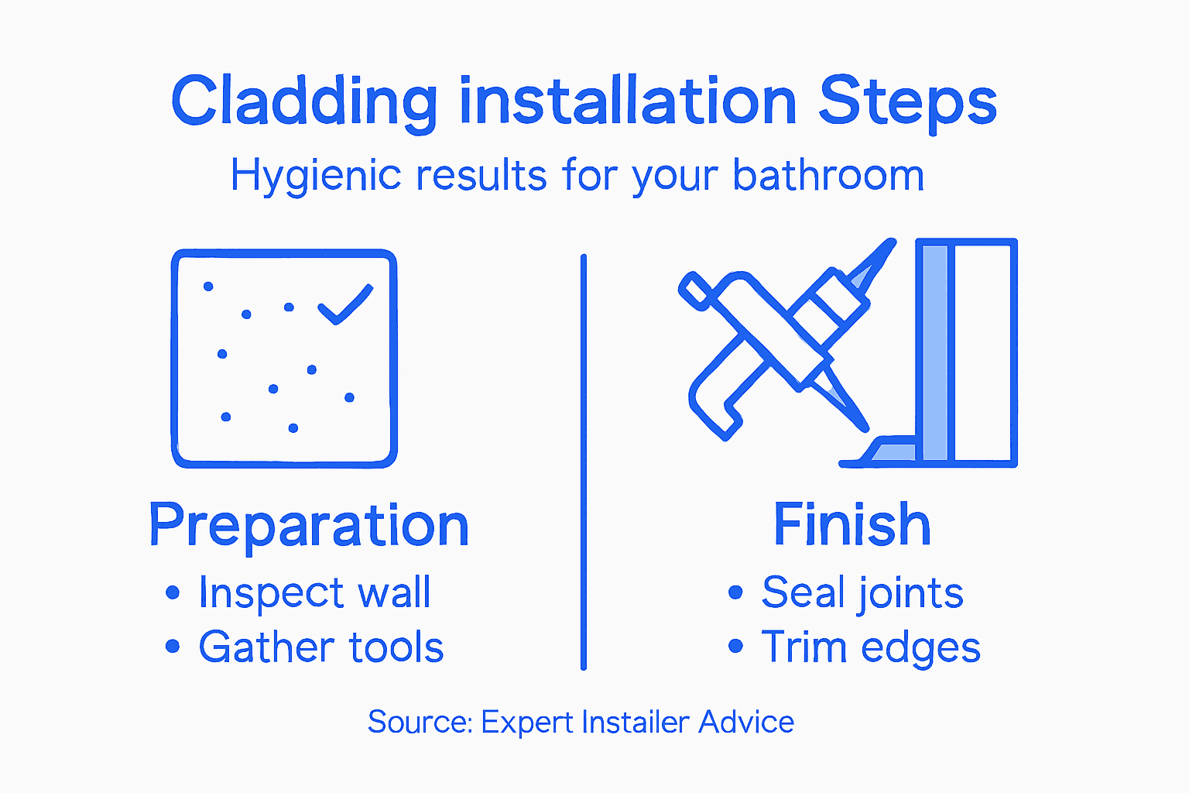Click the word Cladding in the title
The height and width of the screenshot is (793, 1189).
tap(304, 102)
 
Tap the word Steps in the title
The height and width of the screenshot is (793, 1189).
tap(907, 102)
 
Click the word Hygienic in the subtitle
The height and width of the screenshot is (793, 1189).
tap(316, 177)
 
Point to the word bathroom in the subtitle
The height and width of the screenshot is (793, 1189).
tap(828, 175)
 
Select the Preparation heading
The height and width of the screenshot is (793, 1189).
tap(309, 526)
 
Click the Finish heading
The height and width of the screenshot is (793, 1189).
tap(851, 525)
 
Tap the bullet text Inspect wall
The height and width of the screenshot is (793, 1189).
tap(314, 593)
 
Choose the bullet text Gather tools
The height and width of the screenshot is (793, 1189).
tap(321, 647)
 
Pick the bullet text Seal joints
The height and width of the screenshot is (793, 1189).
tap(862, 593)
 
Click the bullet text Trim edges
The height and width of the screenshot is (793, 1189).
tap(871, 647)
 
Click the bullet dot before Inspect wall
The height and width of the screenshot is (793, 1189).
tap(173, 594)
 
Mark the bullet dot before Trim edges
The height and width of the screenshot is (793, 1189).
tap(735, 646)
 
